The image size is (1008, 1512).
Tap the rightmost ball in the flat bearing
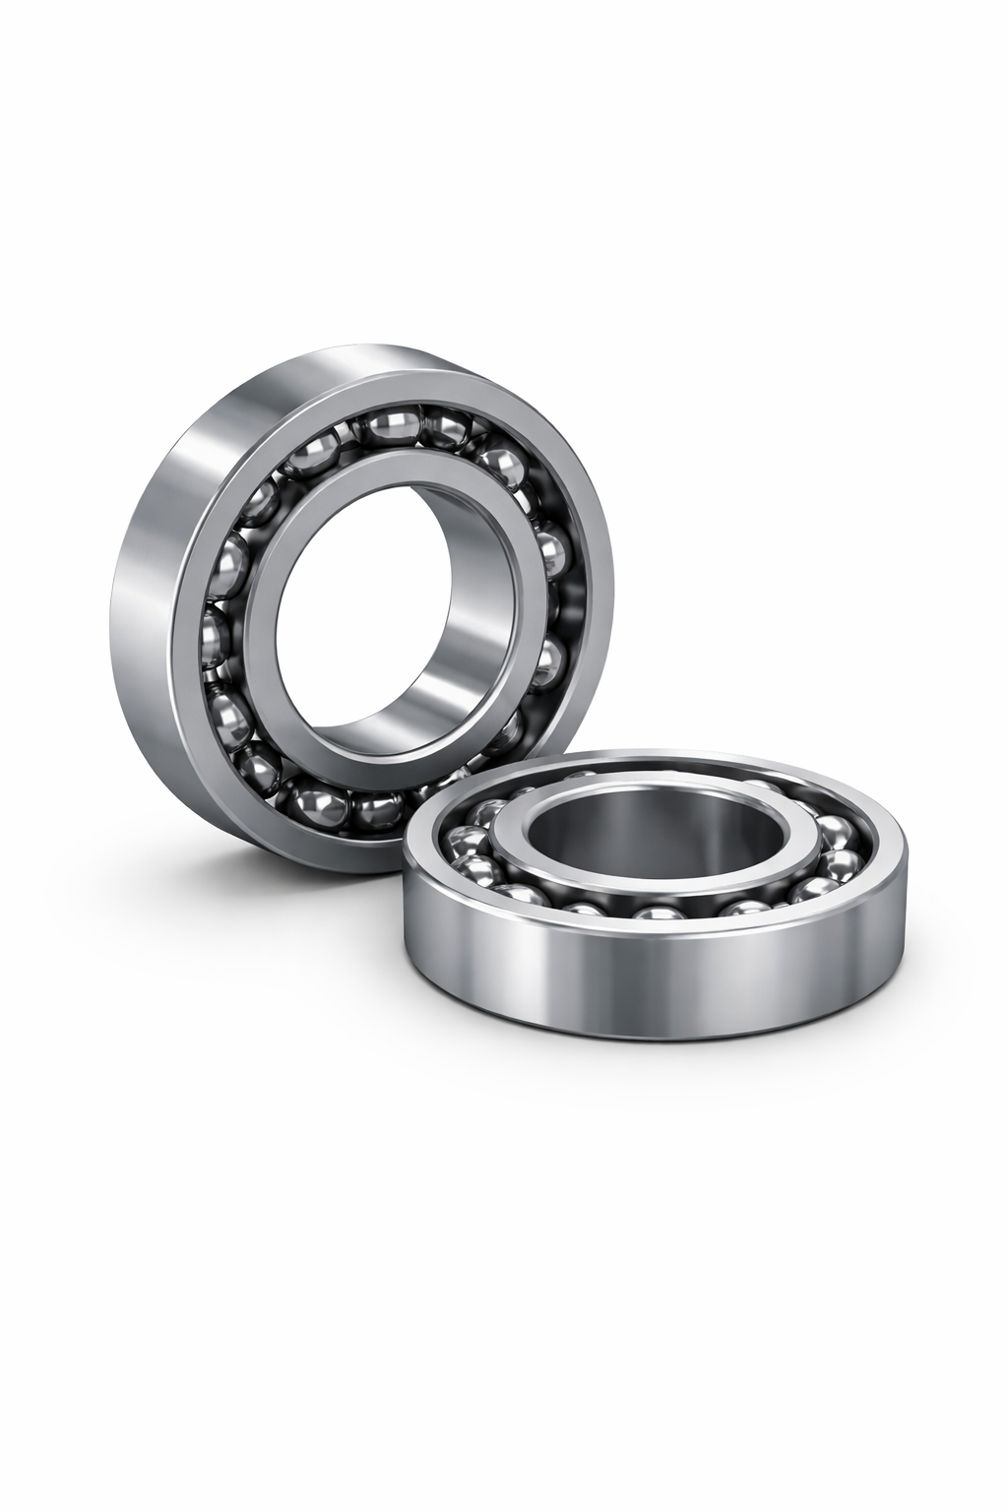point(842,863)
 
